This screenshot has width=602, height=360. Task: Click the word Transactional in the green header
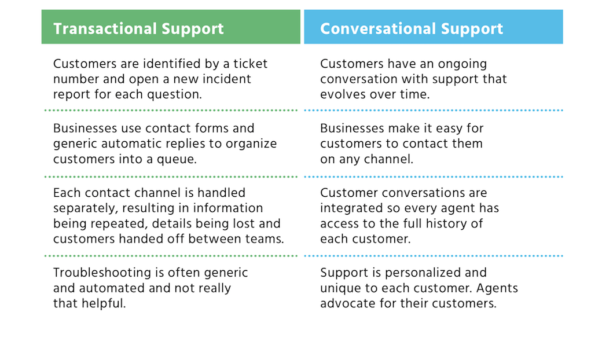tap(105, 29)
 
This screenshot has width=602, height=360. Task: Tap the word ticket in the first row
tap(250, 64)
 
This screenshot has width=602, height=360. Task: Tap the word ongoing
tap(462, 64)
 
